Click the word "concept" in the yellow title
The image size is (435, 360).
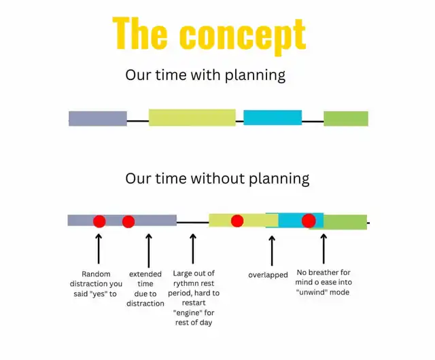coord(243,36)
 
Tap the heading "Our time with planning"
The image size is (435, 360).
coord(205,75)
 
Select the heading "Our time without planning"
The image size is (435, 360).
coord(217,179)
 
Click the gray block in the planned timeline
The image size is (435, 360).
coord(98,119)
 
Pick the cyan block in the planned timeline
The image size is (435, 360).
coord(273,118)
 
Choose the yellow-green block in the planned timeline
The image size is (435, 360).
coord(192,118)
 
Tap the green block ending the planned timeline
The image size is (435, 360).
coord(346,119)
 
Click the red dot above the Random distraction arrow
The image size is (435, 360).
coord(99,221)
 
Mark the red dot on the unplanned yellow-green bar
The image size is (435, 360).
coord(237,221)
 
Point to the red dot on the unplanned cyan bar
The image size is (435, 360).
coord(309,221)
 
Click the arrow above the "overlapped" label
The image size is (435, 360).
coord(272,251)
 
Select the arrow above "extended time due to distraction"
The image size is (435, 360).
coord(149,251)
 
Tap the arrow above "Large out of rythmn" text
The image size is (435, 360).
coord(193,249)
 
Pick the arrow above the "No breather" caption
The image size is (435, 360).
coord(324,249)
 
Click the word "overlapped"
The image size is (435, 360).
coord(268,275)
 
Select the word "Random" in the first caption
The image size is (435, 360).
coord(96,274)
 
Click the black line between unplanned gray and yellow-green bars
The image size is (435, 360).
coord(193,222)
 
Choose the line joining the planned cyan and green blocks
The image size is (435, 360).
coord(313,122)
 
